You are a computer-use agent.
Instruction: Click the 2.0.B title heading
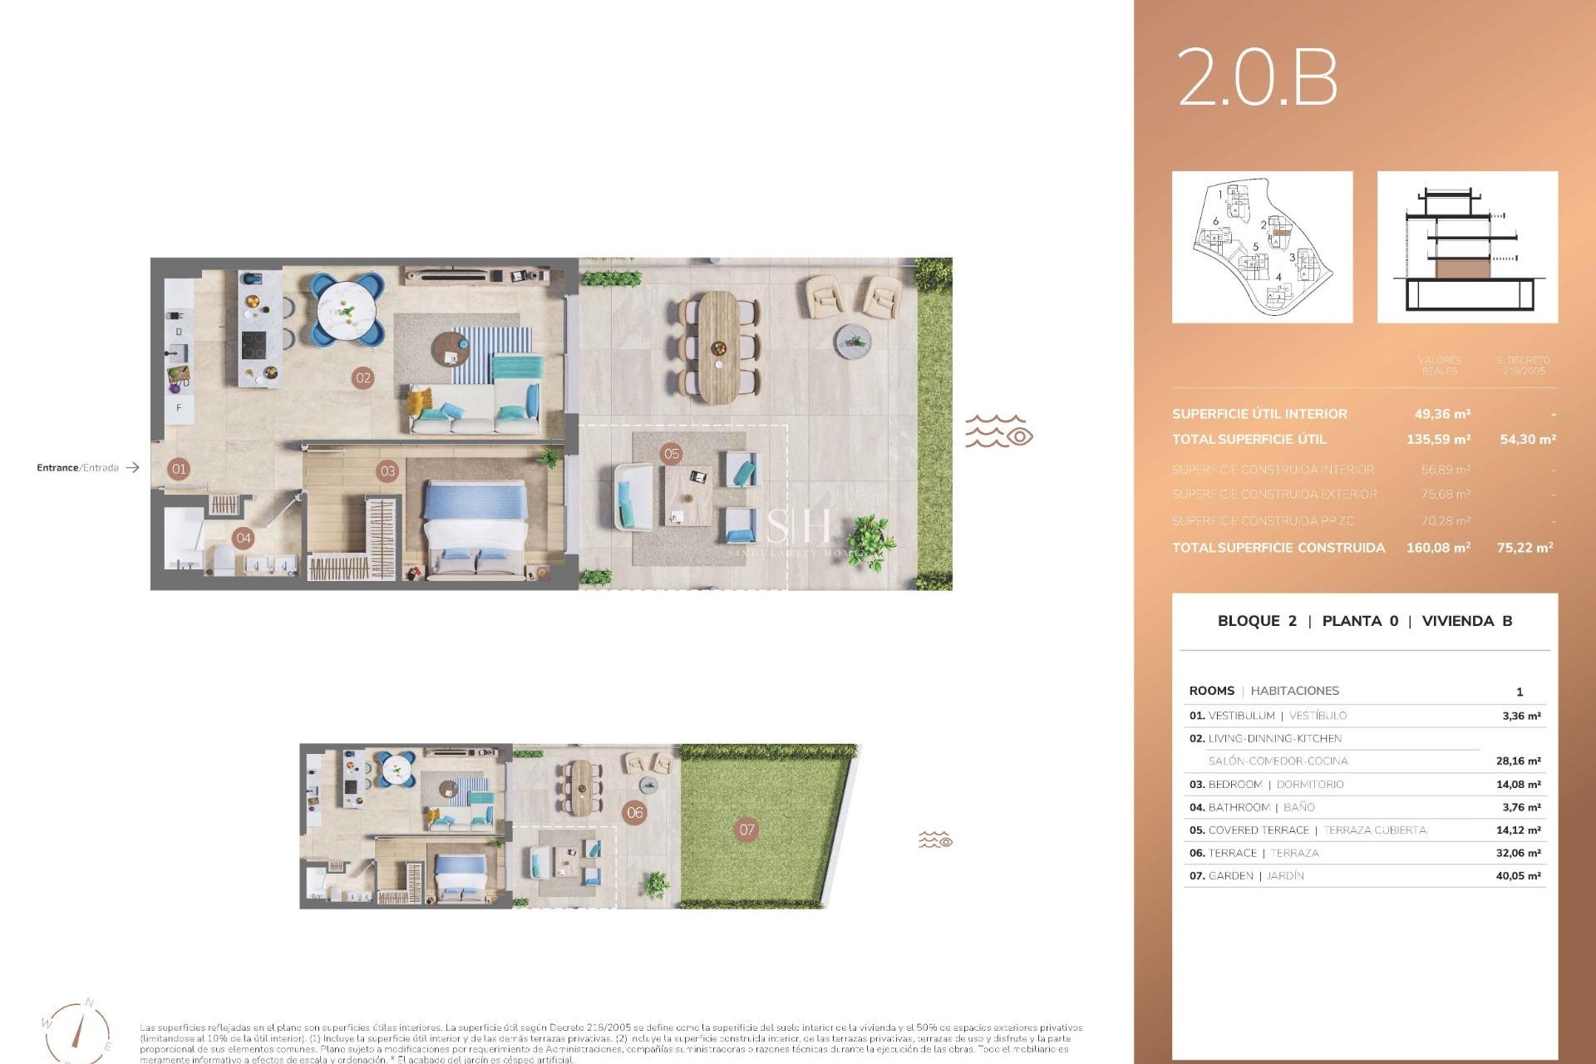tap(1257, 77)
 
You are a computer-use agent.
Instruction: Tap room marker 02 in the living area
tap(363, 377)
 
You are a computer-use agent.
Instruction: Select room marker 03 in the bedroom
tap(387, 471)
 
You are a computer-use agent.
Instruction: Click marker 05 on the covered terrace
tap(672, 453)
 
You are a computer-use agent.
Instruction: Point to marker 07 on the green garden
tap(746, 829)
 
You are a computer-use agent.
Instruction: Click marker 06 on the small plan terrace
tap(635, 812)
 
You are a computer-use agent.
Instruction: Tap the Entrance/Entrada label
tap(77, 468)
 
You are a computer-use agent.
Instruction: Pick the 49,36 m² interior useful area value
tap(1442, 414)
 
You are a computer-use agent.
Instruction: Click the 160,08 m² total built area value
tap(1438, 548)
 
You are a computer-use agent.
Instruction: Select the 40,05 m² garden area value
tap(1518, 876)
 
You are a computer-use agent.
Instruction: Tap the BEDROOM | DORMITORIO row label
tap(1265, 785)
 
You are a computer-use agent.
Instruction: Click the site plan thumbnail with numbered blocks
tap(1262, 247)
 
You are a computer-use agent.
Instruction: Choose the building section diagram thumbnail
tap(1467, 247)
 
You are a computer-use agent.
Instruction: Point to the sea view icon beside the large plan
tap(998, 432)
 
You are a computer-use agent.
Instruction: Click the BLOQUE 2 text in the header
tap(1256, 621)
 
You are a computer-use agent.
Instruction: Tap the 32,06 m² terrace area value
tap(1518, 853)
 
